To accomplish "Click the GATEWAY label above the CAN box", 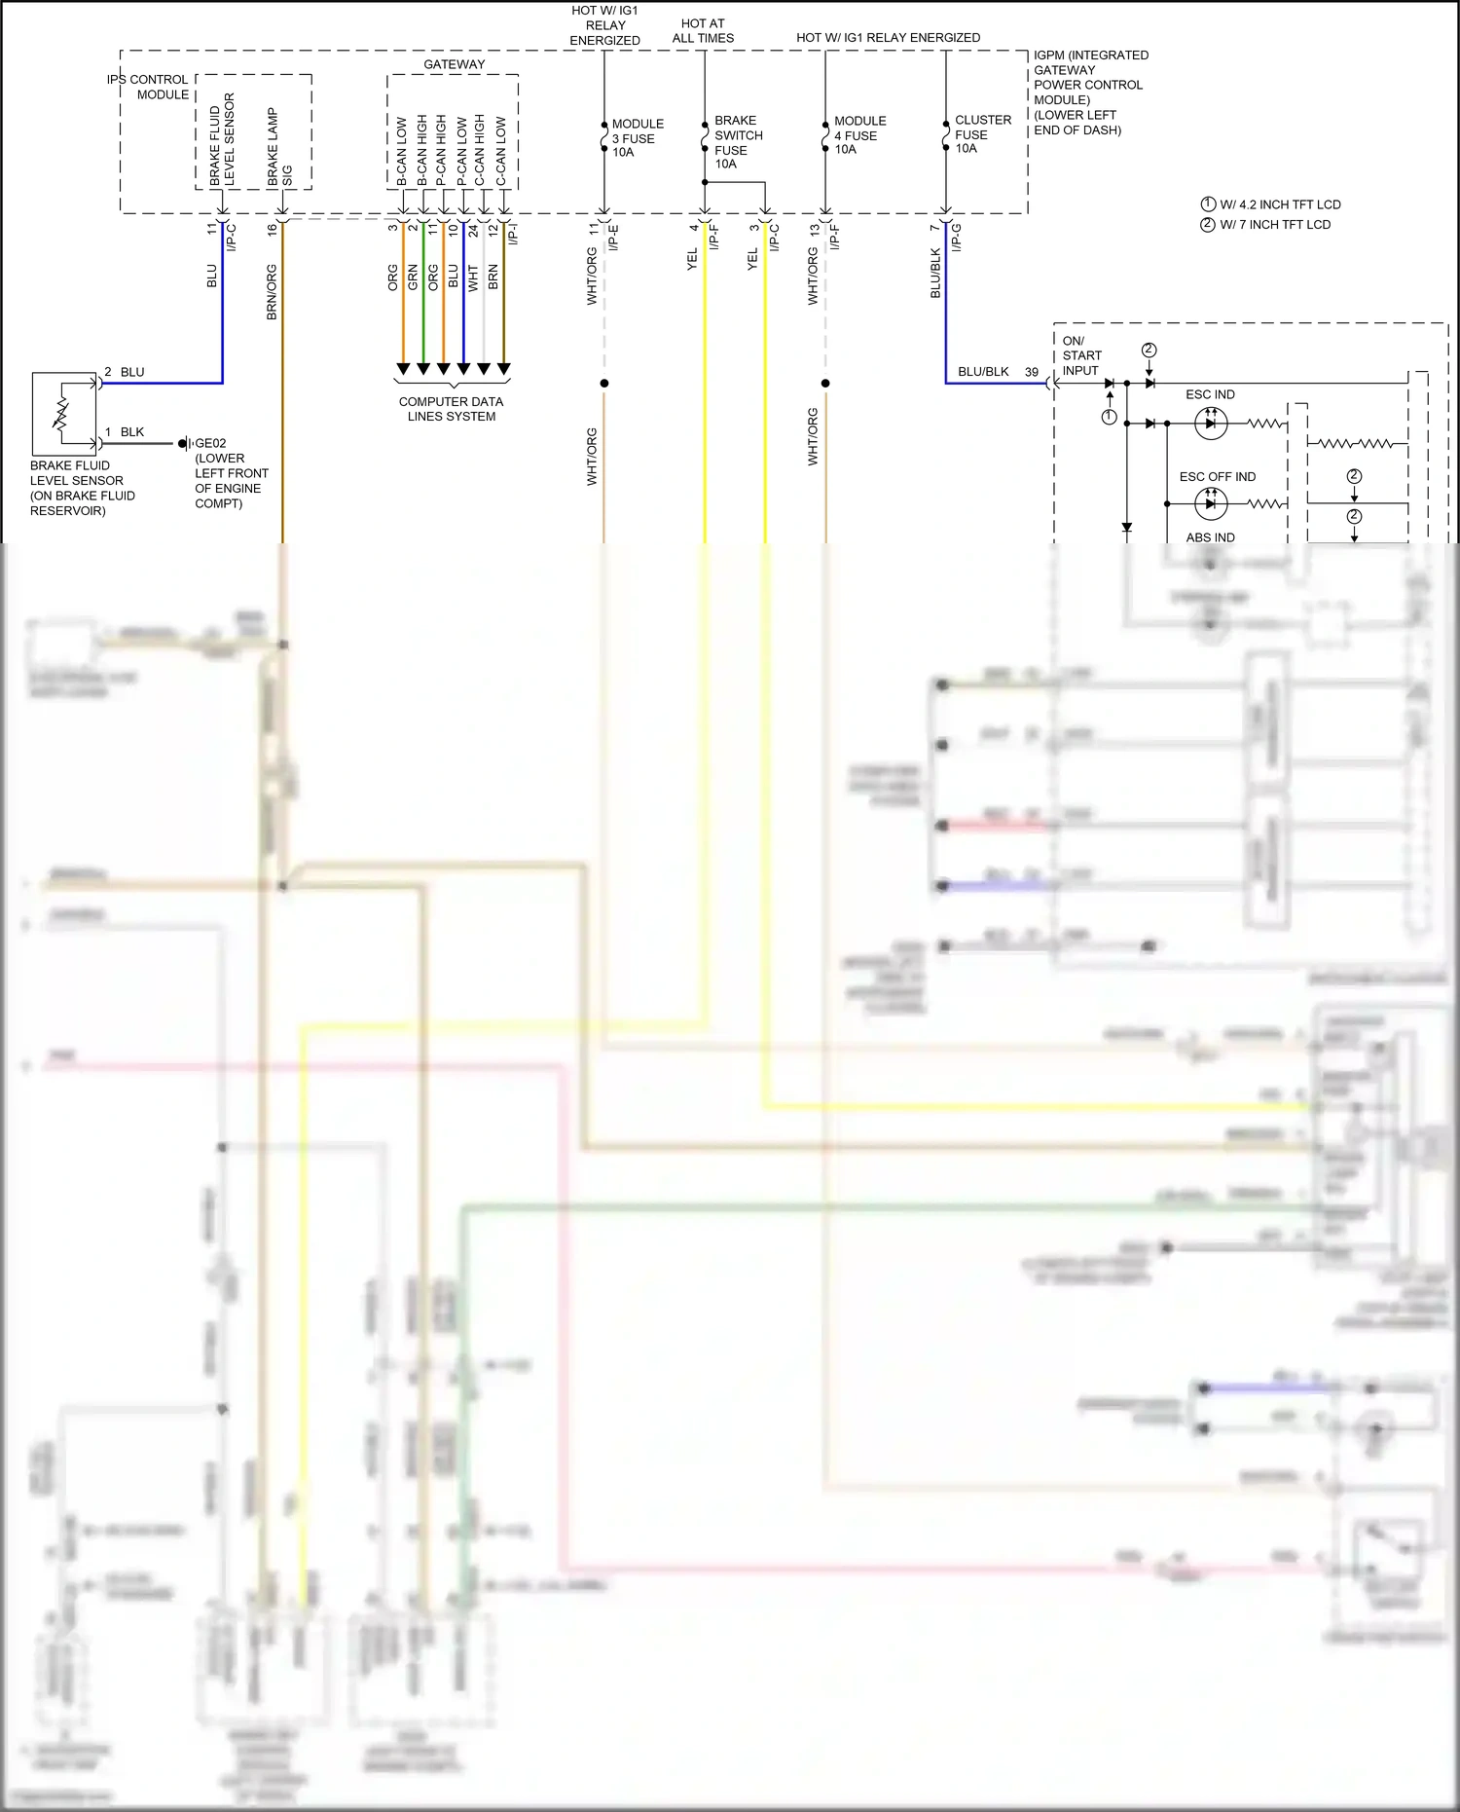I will click(x=454, y=64).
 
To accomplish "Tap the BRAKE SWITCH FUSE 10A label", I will click(x=737, y=142).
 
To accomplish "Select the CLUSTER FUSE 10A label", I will click(x=981, y=134).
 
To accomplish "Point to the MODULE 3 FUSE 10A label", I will click(x=637, y=138).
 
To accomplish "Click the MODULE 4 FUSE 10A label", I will click(x=858, y=135).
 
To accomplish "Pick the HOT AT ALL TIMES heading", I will click(x=703, y=31).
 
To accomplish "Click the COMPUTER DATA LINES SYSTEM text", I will click(x=451, y=409).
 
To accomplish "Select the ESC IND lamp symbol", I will click(x=1210, y=424).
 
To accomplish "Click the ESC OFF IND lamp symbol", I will click(x=1210, y=503).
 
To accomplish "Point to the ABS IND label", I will click(x=1210, y=537).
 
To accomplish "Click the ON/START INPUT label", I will click(x=1081, y=355).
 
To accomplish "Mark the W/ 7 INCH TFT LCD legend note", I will click(x=1274, y=225).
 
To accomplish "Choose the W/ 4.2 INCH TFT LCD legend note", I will click(x=1279, y=204).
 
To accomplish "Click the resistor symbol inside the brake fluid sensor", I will click(x=61, y=414).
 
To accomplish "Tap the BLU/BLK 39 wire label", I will click(x=997, y=372).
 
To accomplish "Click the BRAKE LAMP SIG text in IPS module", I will click(x=279, y=146).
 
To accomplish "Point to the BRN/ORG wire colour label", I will click(x=272, y=292).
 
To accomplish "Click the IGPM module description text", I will click(x=1089, y=92).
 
